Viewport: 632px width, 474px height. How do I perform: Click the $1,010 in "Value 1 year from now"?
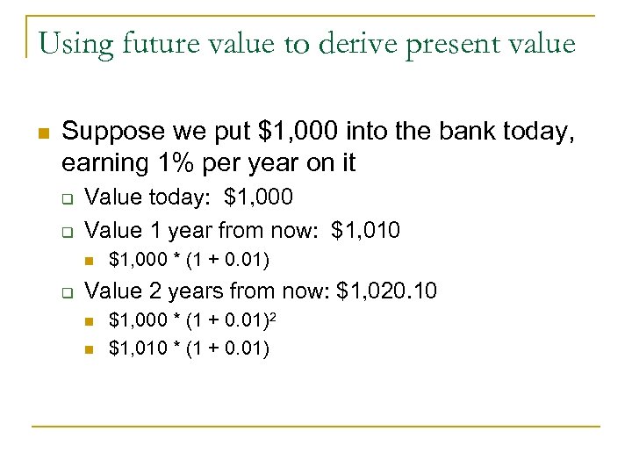366,230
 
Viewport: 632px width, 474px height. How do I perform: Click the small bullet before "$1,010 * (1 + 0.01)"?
90,349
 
